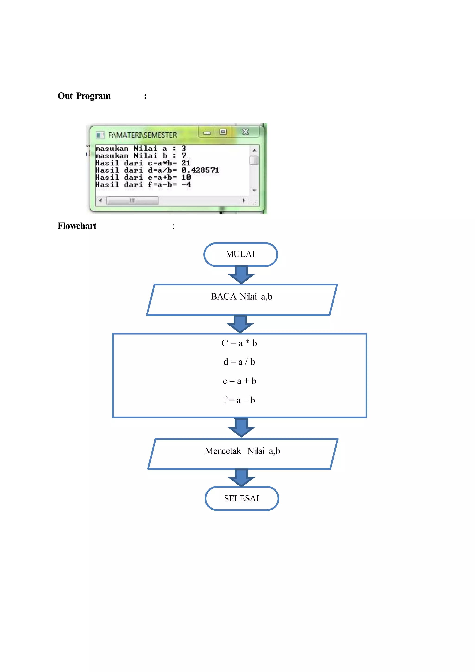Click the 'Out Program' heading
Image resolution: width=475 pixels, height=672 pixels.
coord(84,96)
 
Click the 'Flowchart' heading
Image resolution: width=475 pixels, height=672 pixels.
coord(77,226)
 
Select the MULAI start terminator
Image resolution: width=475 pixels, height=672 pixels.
coord(241,254)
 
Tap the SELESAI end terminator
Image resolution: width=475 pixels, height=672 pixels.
coord(242,498)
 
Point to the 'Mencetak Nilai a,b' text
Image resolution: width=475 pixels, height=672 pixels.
coord(242,451)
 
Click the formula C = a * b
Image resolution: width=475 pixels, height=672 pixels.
coord(239,343)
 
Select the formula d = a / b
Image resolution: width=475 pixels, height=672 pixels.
coord(239,362)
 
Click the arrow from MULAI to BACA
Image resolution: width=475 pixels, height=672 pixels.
coord(241,275)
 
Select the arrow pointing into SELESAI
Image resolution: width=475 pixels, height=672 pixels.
coord(241,478)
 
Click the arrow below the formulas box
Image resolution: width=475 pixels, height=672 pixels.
coord(241,428)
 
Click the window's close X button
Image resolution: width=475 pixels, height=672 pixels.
coord(246,132)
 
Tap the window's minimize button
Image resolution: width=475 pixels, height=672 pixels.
coord(207,132)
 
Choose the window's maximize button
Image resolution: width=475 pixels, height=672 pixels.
coord(223,132)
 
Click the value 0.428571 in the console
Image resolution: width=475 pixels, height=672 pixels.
coord(200,170)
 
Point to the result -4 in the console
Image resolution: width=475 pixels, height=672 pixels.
coord(186,185)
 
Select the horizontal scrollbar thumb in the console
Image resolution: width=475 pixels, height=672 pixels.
coord(132,200)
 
